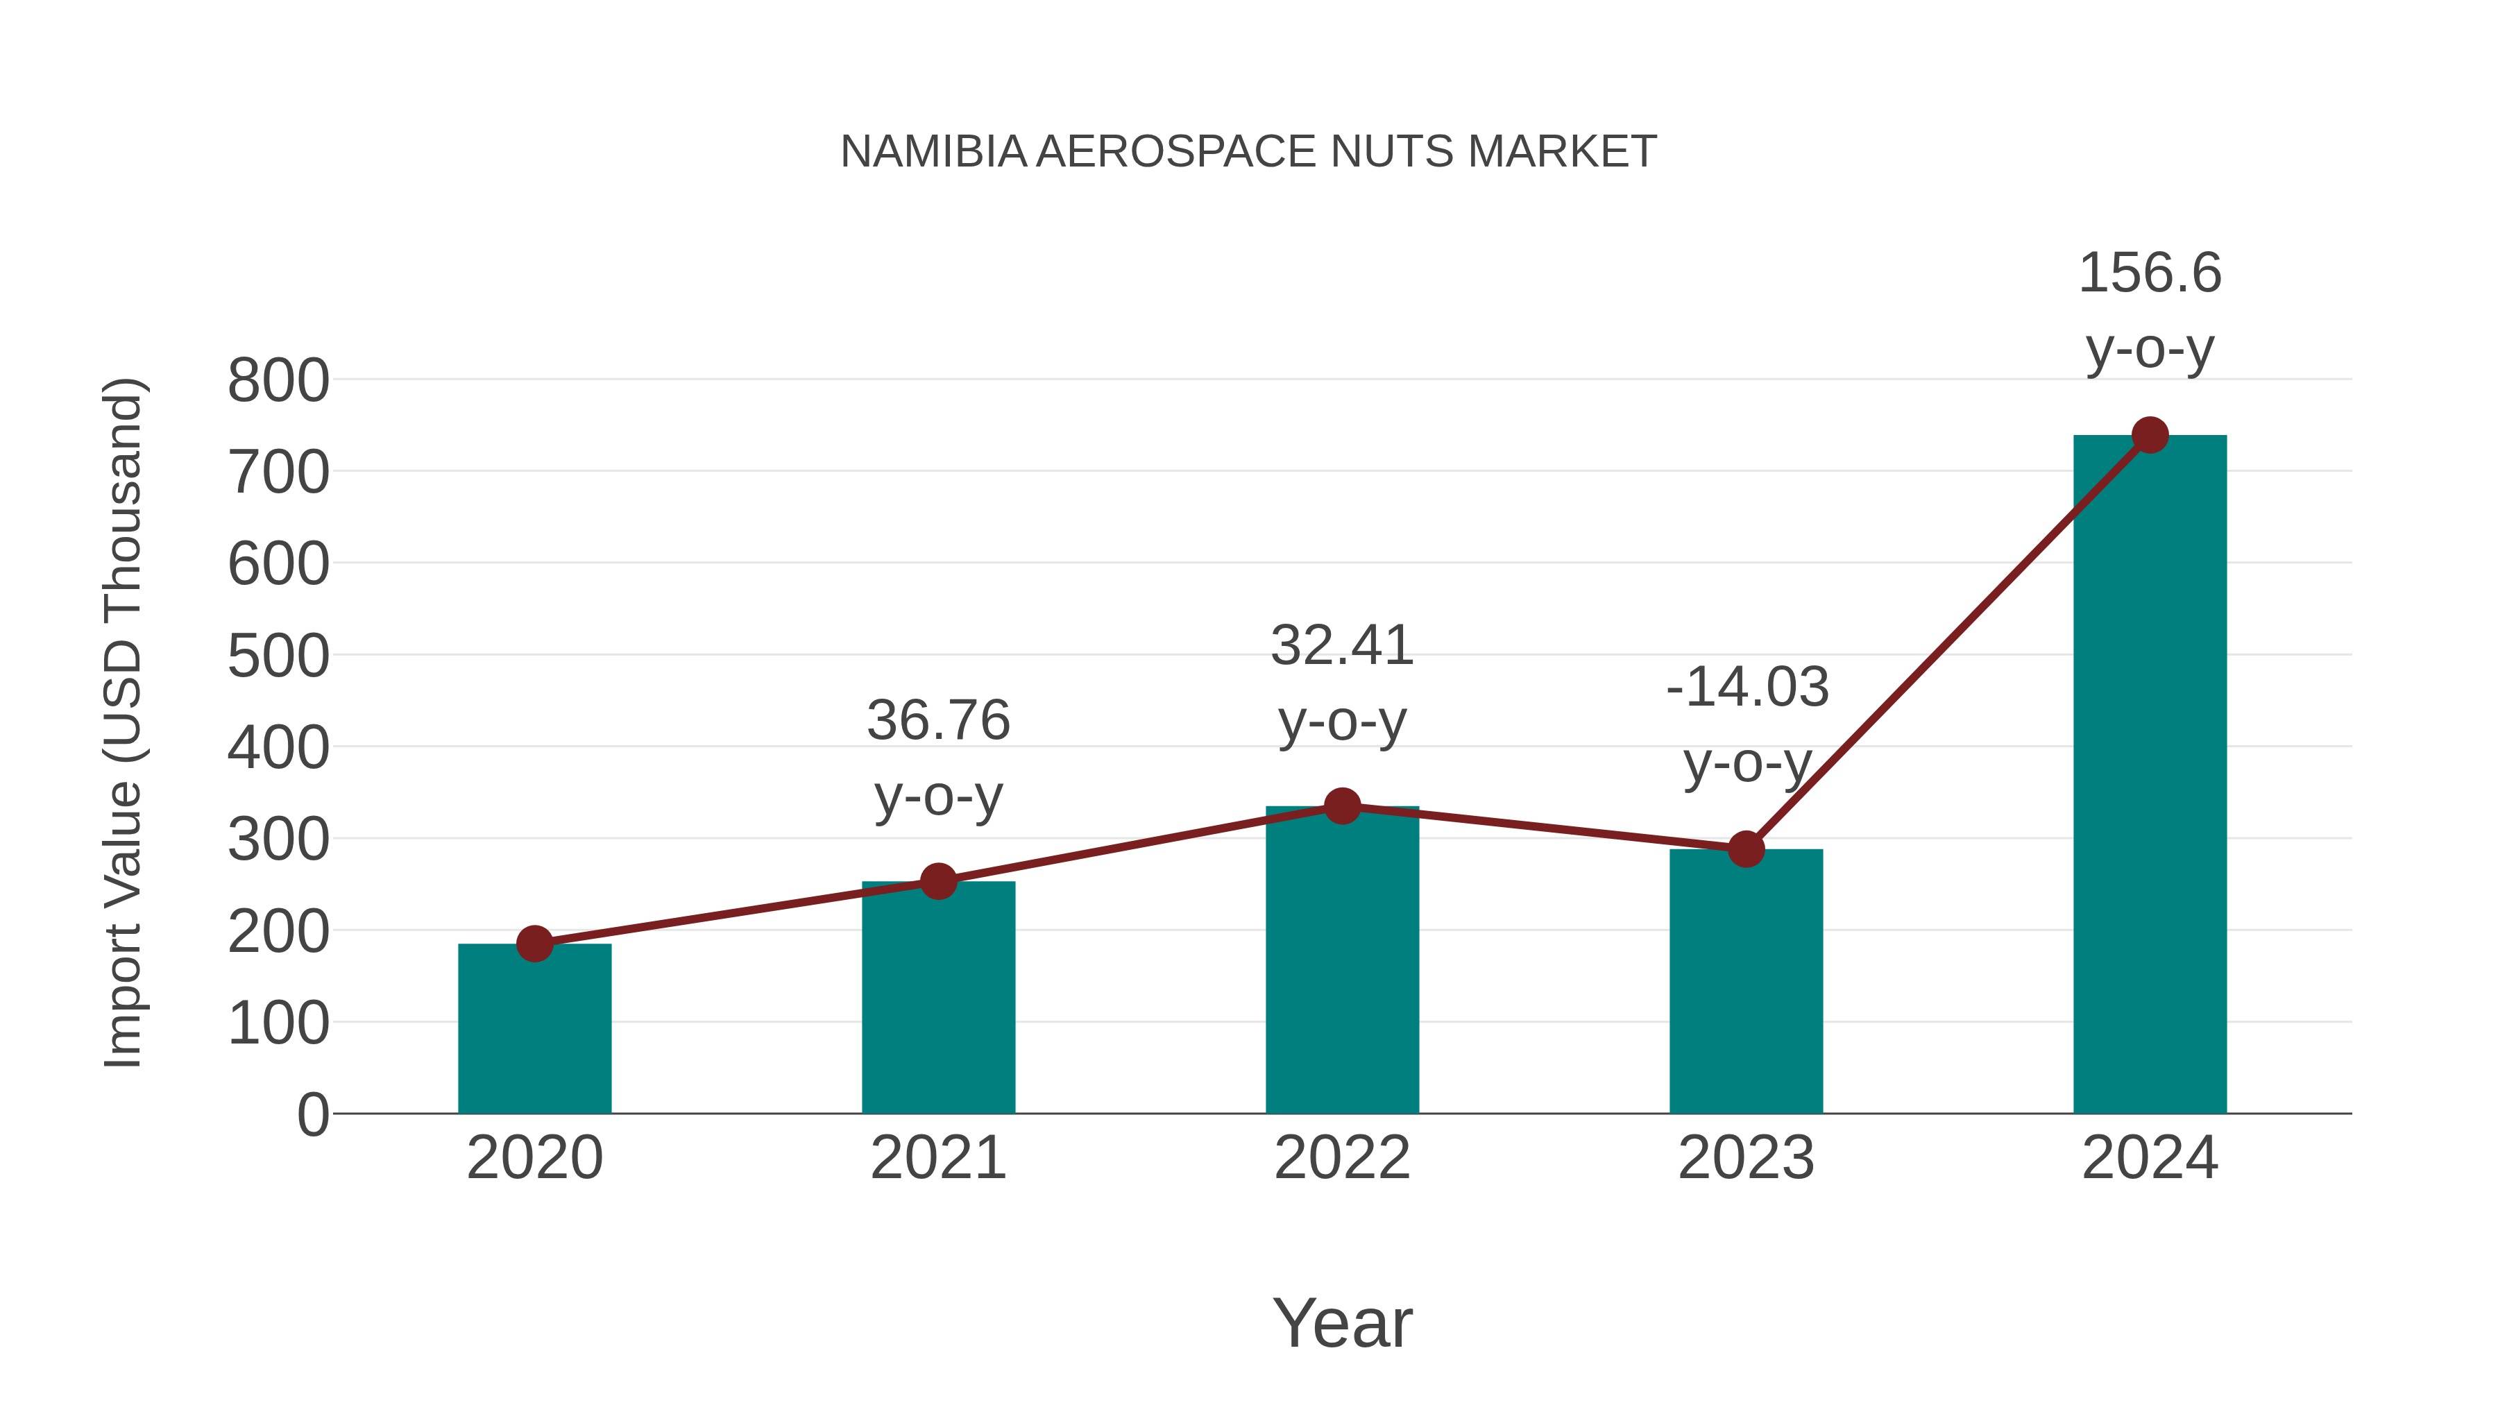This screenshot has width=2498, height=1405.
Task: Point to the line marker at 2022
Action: tap(1342, 805)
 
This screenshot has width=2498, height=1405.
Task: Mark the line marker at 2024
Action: tap(2150, 435)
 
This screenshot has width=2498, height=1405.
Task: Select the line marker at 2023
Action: tap(1746, 849)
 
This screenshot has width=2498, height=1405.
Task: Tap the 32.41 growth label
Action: tap(1342, 683)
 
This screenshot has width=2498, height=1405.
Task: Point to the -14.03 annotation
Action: tap(1747, 724)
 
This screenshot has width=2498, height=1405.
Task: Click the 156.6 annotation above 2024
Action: tap(2150, 310)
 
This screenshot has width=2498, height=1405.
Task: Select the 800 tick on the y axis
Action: tap(278, 381)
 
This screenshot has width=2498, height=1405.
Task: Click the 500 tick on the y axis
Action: tap(278, 656)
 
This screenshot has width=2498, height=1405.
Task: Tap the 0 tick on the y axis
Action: tap(312, 1114)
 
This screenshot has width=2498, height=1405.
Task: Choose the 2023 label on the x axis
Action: tap(1746, 1158)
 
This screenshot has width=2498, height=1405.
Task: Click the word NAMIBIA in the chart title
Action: tap(933, 152)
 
